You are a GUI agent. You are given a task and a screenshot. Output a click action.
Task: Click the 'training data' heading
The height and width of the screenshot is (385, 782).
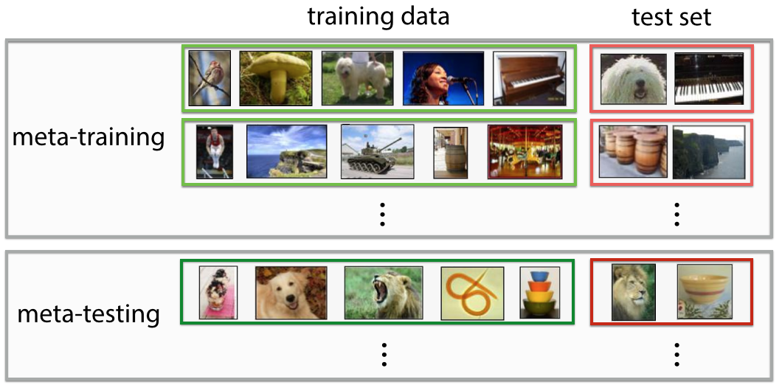tap(378, 17)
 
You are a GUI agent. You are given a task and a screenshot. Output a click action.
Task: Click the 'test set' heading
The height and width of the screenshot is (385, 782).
tap(671, 17)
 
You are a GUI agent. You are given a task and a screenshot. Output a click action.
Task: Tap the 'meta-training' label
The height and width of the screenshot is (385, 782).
tap(89, 137)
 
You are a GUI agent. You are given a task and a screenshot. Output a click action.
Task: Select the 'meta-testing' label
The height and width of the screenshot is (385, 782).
tap(89, 314)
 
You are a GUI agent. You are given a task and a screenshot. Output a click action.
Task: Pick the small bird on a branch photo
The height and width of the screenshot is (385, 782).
tap(210, 77)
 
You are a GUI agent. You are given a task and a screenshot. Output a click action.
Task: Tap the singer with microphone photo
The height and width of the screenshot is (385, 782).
tap(443, 77)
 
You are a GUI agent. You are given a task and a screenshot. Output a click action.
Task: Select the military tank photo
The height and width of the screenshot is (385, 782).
tap(377, 151)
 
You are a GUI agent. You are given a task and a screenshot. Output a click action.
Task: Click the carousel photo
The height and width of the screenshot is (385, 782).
tap(525, 151)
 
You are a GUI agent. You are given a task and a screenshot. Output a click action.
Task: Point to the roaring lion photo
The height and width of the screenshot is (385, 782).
tap(383, 293)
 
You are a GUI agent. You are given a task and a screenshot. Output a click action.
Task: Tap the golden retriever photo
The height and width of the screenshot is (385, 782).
tap(291, 293)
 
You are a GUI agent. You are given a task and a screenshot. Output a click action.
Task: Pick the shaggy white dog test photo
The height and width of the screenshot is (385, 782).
tap(633, 78)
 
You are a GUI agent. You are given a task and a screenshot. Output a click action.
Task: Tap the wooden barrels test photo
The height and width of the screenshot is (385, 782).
tap(632, 151)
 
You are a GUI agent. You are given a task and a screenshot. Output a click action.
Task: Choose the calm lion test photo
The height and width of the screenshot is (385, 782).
tap(633, 293)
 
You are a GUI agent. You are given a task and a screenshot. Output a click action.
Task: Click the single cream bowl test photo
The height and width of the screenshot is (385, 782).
tap(705, 293)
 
